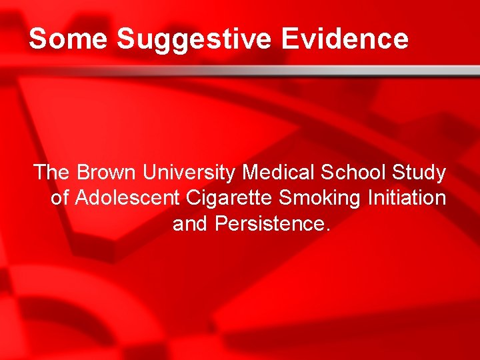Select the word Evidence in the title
(345, 39)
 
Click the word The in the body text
(53, 173)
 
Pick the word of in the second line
(60, 198)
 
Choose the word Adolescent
(127, 198)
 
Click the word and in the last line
(191, 223)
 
